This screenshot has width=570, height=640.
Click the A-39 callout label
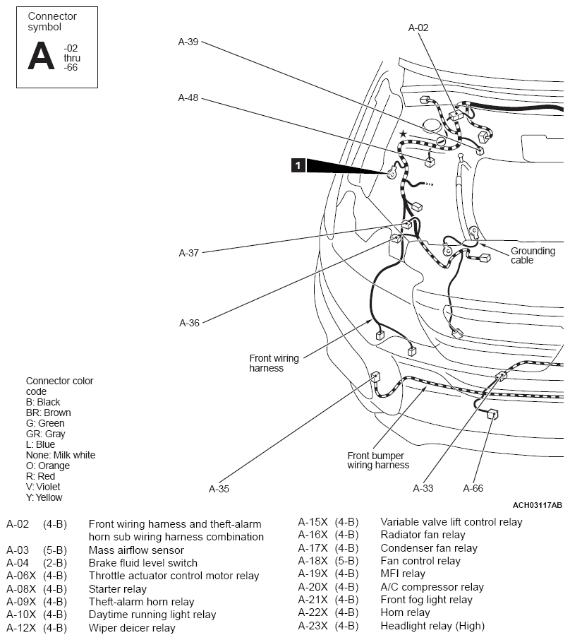click(188, 42)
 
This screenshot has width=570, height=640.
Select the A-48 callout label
click(188, 97)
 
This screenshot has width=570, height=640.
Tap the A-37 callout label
click(189, 253)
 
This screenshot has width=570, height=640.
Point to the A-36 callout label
click(189, 323)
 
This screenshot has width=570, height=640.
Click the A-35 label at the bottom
click(219, 489)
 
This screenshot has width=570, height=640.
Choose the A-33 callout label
click(423, 488)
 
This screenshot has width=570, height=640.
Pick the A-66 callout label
click(473, 488)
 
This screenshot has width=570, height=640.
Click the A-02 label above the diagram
click(418, 28)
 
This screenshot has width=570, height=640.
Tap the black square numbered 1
click(298, 165)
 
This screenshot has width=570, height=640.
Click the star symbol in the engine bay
click(403, 134)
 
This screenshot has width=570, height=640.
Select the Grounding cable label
click(533, 256)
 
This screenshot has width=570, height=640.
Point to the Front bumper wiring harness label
click(378, 461)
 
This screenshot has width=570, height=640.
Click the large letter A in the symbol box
click(41, 56)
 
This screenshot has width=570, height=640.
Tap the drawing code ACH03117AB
click(537, 505)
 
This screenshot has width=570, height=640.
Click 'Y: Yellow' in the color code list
click(44, 497)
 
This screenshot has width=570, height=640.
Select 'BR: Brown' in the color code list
click(48, 413)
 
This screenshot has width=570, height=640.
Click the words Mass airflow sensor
click(136, 550)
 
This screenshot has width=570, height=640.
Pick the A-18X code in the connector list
click(313, 561)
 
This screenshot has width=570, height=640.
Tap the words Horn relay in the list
click(405, 612)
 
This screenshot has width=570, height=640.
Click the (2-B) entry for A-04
click(54, 563)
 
